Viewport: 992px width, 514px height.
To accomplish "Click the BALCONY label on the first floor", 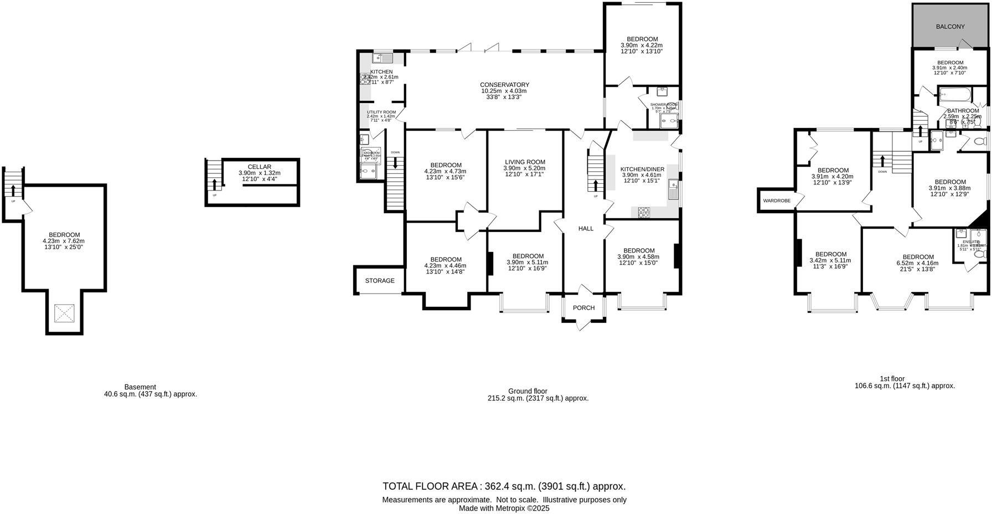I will pyautogui.click(x=950, y=27).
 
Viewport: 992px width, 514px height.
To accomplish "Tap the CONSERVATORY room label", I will pyautogui.click(x=504, y=85).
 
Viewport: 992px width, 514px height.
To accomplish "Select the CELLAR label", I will pyautogui.click(x=259, y=167).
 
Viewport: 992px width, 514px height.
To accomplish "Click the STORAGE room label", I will pyautogui.click(x=380, y=281).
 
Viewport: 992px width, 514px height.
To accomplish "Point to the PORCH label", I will pyautogui.click(x=583, y=308).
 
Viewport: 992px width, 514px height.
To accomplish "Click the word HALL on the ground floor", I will pyautogui.click(x=586, y=228).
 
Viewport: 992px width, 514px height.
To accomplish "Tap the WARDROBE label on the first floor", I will pyautogui.click(x=777, y=201).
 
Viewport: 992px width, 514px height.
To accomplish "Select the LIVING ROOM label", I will pyautogui.click(x=524, y=162).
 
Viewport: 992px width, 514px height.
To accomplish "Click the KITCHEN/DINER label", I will pyautogui.click(x=642, y=169).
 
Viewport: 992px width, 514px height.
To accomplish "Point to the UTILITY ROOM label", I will pyautogui.click(x=381, y=112).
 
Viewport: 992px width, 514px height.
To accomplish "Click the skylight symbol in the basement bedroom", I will pyautogui.click(x=65, y=313).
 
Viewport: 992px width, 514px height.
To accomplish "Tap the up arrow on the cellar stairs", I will pyautogui.click(x=214, y=184).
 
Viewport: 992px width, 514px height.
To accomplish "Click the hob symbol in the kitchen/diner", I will pyautogui.click(x=644, y=211).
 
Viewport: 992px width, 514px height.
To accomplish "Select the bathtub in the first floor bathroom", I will pyautogui.click(x=954, y=95).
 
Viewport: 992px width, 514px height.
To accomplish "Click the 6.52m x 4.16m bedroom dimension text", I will pyautogui.click(x=918, y=263).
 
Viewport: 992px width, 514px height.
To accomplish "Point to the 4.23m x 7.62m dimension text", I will pyautogui.click(x=64, y=241).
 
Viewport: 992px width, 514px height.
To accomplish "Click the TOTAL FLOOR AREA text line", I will pyautogui.click(x=504, y=486).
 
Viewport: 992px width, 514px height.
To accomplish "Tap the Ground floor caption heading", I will pyautogui.click(x=527, y=391).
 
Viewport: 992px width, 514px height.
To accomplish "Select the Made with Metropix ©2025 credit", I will pyautogui.click(x=504, y=508).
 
